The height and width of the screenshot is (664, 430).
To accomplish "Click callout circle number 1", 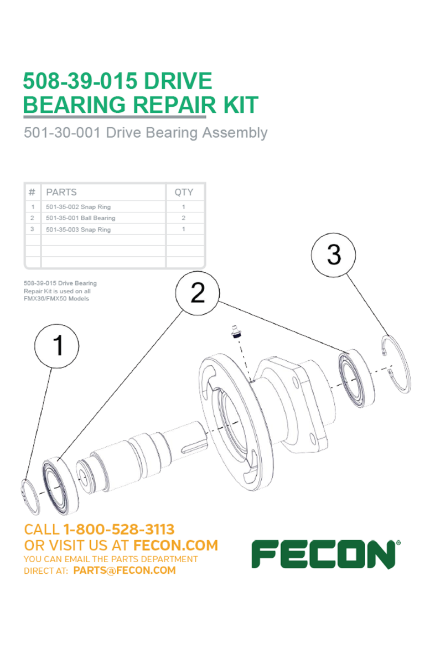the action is pos(56,346).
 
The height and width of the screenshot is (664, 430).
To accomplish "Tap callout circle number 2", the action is pos(198,293).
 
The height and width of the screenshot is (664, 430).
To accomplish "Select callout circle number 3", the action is pos(334,255).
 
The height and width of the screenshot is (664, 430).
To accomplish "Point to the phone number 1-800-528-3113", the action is pos(119,530).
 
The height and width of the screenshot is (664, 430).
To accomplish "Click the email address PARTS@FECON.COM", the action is pos(125,570).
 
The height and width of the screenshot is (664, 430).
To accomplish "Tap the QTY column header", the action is pos(184,192).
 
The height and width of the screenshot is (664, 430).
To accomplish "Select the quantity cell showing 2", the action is pos(184,218).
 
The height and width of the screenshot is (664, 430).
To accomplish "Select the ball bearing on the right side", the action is pos(357,378).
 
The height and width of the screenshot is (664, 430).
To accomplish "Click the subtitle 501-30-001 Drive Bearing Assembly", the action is pos(146,132).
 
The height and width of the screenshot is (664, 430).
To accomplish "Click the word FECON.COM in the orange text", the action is pos(175,545).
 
